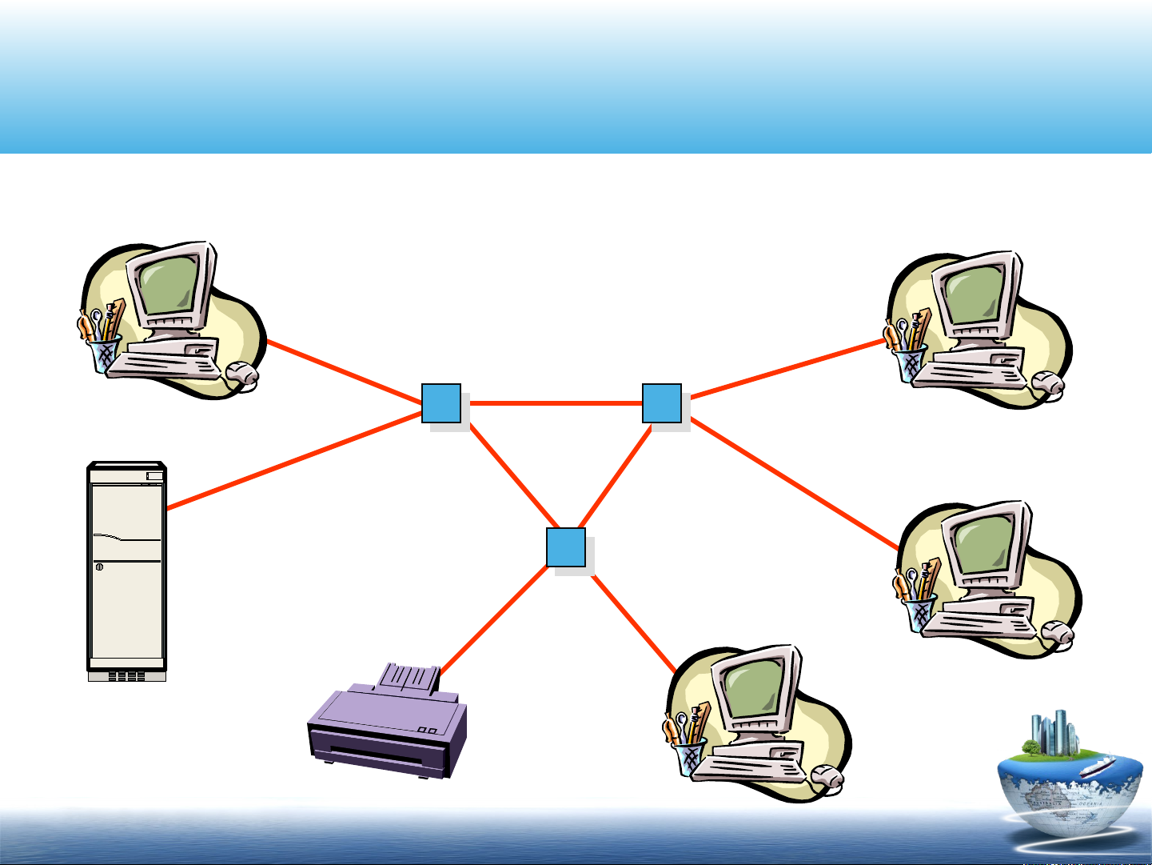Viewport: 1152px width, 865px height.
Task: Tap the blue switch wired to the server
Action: tap(441, 403)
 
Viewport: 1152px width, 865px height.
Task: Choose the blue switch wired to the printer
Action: tap(566, 547)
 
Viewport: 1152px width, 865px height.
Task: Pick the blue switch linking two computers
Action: tap(662, 403)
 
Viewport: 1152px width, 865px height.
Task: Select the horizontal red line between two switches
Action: tap(556, 403)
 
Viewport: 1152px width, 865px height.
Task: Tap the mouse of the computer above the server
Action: tap(241, 372)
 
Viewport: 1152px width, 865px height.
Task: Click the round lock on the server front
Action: tap(99, 567)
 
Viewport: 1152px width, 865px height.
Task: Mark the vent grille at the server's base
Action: tap(126, 676)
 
